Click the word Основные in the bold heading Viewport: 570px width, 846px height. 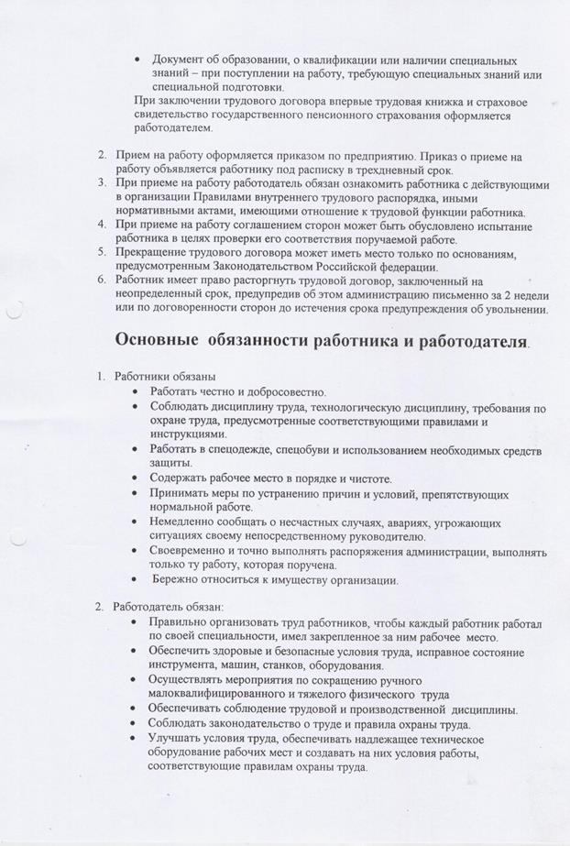tap(158, 340)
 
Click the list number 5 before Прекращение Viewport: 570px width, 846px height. tap(104, 251)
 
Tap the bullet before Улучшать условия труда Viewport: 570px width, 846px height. tap(137, 737)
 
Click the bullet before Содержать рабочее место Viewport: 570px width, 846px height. tap(137, 478)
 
